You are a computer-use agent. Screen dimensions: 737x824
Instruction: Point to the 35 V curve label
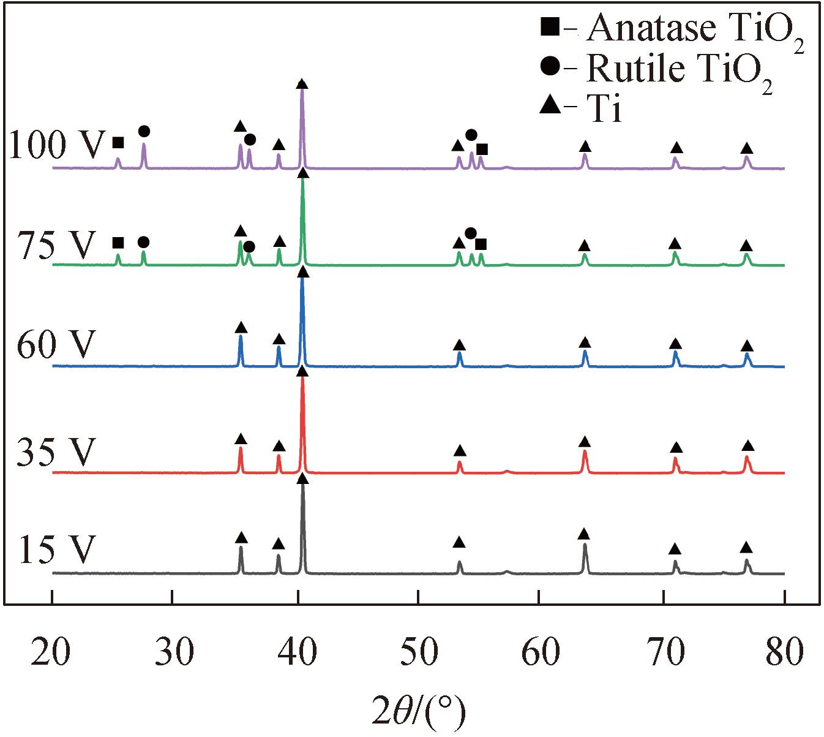click(56, 453)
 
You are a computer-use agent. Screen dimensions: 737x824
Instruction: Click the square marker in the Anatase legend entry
click(549, 28)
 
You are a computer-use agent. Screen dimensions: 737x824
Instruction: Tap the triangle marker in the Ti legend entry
click(549, 105)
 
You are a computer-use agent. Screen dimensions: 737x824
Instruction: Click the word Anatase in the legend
click(643, 28)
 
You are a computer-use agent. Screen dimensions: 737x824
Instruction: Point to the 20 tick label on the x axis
click(52, 653)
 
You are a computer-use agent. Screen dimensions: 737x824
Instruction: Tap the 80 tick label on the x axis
click(784, 653)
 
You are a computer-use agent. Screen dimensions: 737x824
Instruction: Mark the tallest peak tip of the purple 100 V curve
click(302, 90)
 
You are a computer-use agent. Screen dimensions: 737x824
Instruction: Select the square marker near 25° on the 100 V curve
click(118, 143)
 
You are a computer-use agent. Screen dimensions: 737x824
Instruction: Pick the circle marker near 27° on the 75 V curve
click(143, 243)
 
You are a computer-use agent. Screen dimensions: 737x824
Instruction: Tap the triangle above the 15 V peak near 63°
click(584, 534)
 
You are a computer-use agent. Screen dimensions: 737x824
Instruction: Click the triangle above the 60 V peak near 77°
click(746, 346)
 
